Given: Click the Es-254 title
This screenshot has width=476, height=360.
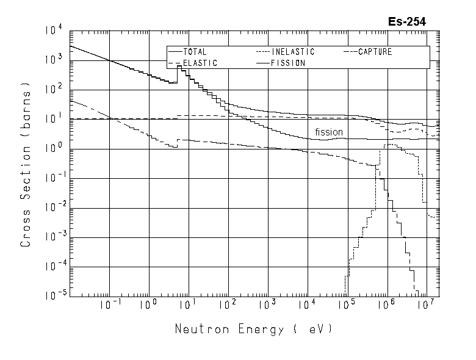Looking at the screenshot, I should click(406, 21).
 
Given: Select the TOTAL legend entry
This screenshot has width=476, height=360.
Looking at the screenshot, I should click(195, 52).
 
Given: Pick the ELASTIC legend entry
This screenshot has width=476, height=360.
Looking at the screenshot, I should click(200, 63).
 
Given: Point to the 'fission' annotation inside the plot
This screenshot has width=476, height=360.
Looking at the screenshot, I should click(329, 132).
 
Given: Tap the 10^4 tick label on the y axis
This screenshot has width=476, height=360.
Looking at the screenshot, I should click(53, 30).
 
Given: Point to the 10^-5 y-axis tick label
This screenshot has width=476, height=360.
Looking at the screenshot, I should click(52, 296).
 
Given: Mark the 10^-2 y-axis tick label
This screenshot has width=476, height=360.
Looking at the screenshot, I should click(52, 207).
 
